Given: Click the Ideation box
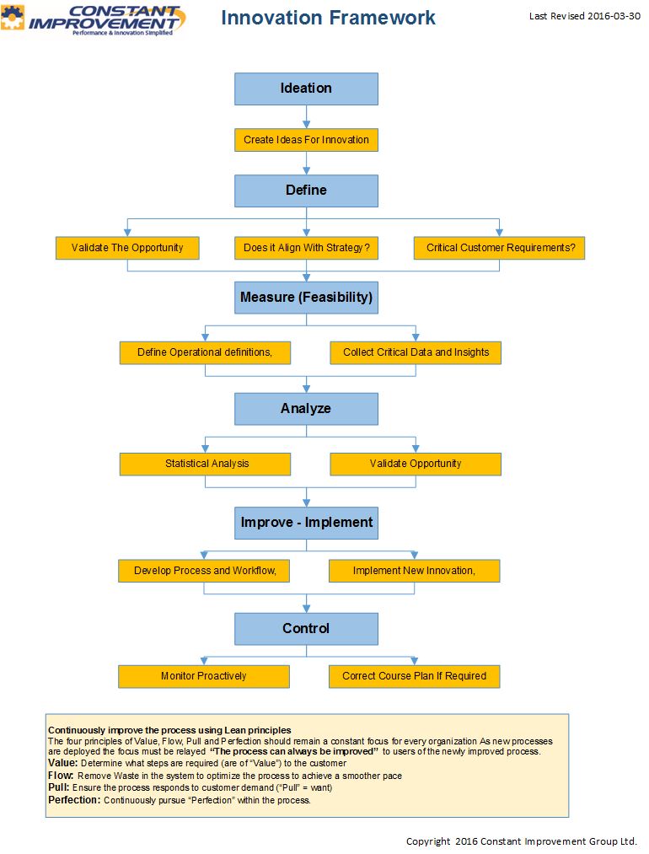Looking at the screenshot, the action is (306, 89).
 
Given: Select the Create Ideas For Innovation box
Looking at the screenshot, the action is (306, 140).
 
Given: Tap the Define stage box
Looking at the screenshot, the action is (306, 191).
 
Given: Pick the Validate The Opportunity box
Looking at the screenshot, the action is (127, 248).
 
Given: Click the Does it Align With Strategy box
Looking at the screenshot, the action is (306, 248).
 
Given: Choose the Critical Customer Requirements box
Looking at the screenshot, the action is (499, 248).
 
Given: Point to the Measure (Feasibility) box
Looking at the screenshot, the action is (306, 298).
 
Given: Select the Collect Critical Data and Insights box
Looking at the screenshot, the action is (416, 353).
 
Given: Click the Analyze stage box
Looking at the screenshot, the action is (306, 409).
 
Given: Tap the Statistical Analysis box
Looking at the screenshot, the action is (206, 464).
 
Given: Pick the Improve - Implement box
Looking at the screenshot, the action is (306, 523).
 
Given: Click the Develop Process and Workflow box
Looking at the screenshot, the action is (204, 571).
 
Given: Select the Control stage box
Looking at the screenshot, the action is (306, 629).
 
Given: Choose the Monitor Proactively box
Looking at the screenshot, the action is (204, 676).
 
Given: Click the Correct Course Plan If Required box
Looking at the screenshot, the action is (415, 676).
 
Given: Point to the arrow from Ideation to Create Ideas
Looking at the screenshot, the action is (307, 116).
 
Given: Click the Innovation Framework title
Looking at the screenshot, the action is (328, 18).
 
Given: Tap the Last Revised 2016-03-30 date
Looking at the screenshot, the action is (585, 16).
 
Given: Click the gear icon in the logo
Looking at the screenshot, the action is (12, 17).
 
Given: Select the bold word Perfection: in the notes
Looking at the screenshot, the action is (74, 800).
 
